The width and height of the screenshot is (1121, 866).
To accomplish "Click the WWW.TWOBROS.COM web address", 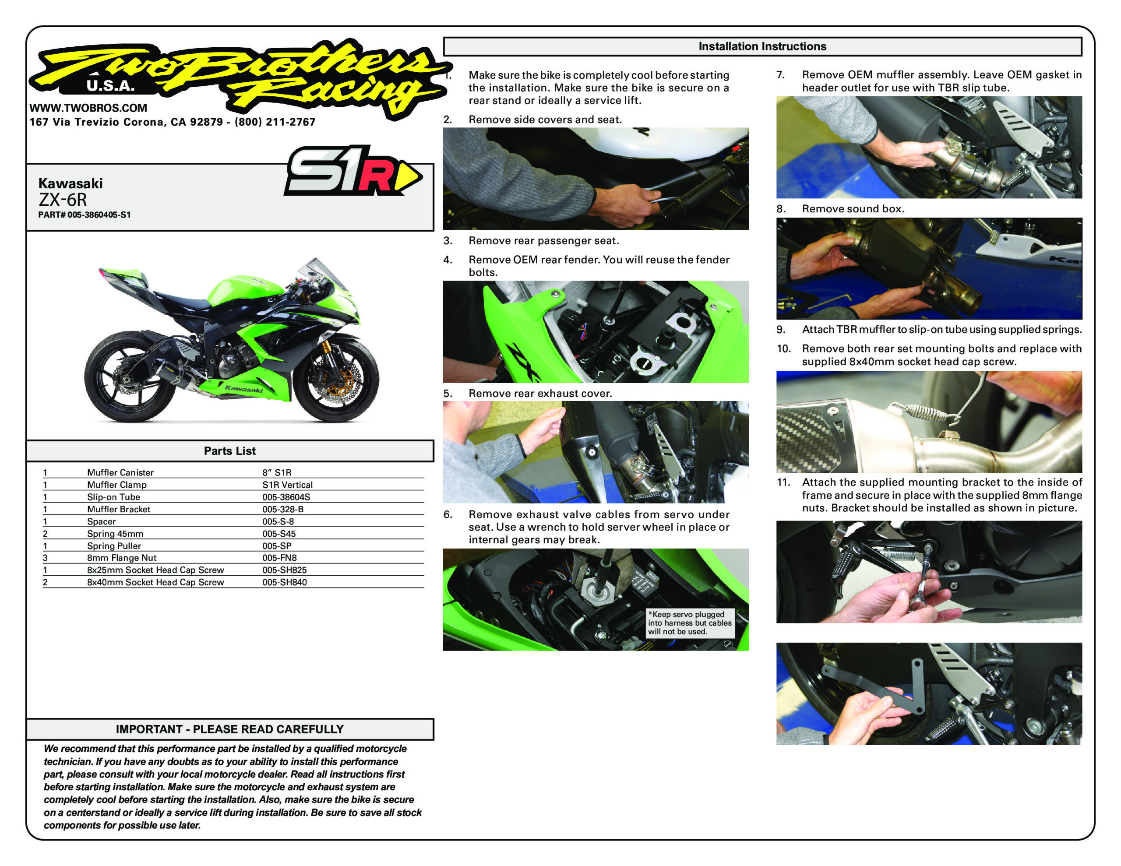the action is click(88, 108).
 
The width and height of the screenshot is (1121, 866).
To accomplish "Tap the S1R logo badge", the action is click(353, 170).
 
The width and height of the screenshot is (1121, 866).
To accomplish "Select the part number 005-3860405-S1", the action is click(85, 215).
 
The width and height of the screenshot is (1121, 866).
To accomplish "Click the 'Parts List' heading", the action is click(229, 451).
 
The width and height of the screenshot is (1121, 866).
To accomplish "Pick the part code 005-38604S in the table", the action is click(286, 497).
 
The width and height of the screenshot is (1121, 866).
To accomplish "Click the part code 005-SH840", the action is click(284, 582).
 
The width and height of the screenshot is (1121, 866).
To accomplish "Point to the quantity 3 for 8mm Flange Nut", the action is click(45, 558).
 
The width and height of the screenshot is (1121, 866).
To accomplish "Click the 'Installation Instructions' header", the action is click(762, 46).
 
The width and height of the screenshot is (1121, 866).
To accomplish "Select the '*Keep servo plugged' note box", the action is click(690, 623).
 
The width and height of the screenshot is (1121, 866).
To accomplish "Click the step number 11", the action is click(783, 482).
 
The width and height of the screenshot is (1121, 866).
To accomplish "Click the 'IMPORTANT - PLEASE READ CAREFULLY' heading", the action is click(229, 729).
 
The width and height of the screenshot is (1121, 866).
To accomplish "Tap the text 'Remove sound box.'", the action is click(853, 209).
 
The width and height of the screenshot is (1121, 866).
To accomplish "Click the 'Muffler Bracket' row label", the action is click(119, 509).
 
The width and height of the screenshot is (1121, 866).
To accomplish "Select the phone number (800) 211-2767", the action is click(275, 122).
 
